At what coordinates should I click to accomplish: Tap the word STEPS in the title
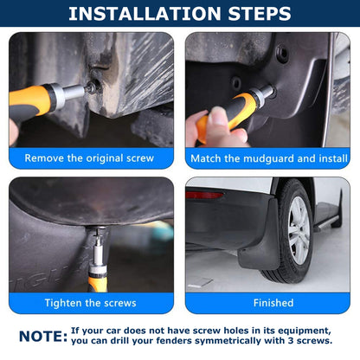[x=256, y=14]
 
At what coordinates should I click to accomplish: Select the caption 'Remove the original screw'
[x=90, y=158]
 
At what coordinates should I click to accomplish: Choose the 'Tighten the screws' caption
[x=90, y=303]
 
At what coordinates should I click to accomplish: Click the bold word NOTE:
[x=42, y=336]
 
